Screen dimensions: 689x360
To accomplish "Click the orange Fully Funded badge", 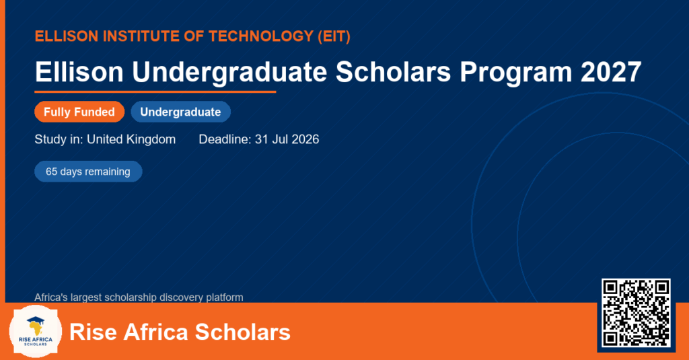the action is point(79,112).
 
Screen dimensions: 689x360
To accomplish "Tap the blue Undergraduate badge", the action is point(180,112).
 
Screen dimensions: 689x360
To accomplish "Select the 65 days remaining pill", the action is point(88,172).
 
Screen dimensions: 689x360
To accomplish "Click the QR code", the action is point(636,313).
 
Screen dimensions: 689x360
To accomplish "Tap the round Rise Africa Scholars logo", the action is point(36,332).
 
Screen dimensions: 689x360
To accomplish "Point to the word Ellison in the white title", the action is point(79,71).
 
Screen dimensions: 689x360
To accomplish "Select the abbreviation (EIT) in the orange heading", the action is point(334,36).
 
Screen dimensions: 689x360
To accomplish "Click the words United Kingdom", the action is point(131,139).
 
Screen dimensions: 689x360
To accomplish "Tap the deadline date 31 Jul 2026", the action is point(287,139).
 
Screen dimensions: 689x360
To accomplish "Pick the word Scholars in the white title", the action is point(393,71).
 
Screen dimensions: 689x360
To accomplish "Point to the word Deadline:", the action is point(225,139).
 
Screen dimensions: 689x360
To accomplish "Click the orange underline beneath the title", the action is point(155,92).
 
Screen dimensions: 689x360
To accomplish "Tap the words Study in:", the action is point(59,139).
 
